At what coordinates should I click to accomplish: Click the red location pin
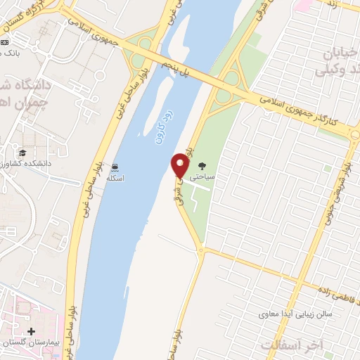180,165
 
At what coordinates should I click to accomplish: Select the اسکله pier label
115,179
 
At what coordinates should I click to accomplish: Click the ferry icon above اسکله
115,167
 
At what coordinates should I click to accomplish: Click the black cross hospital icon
31,330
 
